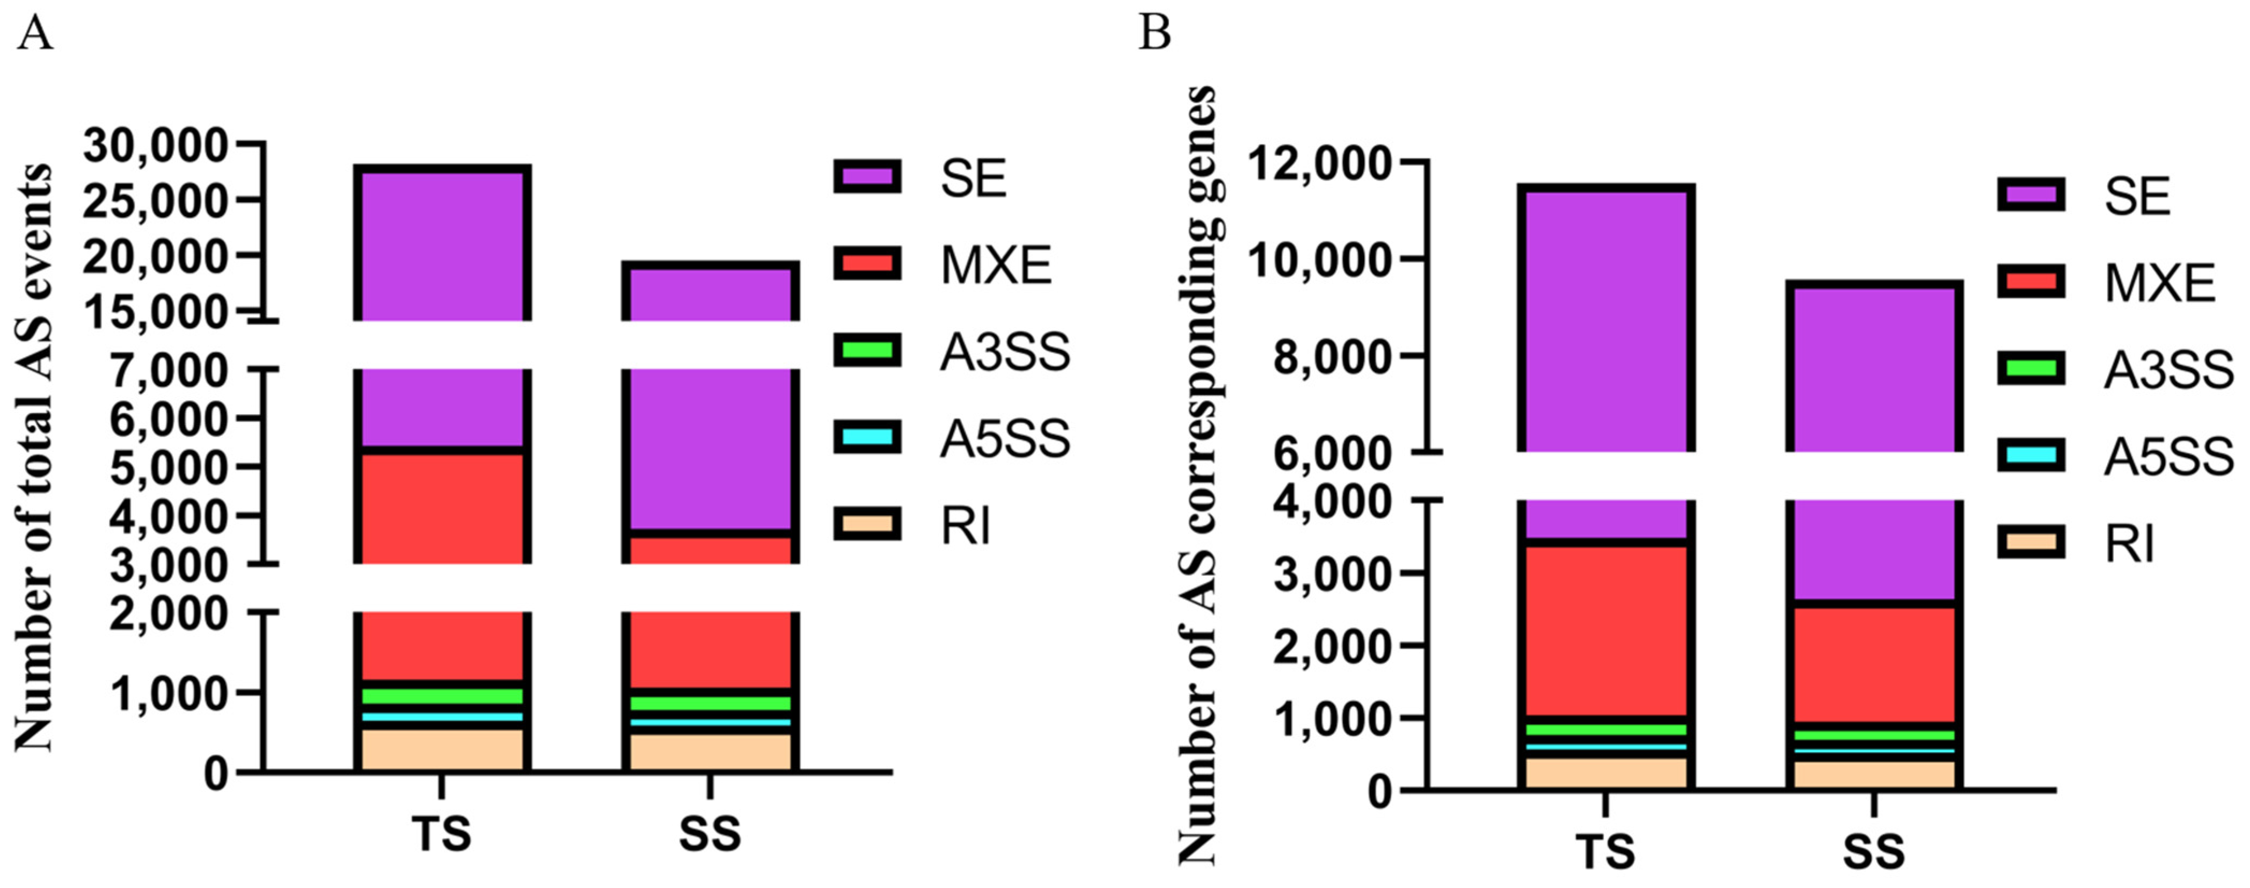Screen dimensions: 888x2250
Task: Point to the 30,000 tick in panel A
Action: (156, 145)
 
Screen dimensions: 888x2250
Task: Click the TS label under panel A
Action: (441, 833)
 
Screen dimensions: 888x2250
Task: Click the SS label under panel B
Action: (1874, 851)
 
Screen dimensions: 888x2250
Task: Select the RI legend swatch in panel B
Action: (2031, 543)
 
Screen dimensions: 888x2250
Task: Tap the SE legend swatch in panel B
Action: (2031, 194)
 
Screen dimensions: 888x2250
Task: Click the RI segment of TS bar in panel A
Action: (441, 749)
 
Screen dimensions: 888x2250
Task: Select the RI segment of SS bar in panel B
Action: (1874, 774)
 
